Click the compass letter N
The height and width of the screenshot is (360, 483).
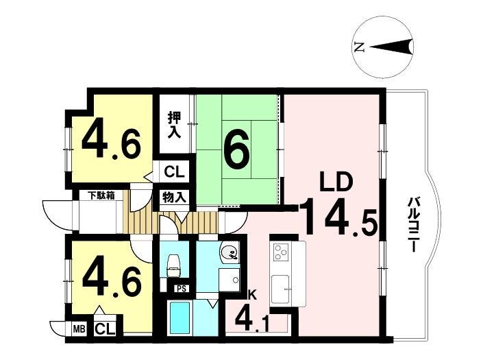(x=359, y=47)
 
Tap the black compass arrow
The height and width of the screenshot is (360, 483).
(x=391, y=47)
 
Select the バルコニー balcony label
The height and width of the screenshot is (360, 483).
(x=413, y=225)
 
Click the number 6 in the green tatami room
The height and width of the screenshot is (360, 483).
(x=236, y=150)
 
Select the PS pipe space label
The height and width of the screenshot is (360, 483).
(x=181, y=289)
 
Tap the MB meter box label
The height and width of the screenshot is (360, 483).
(x=79, y=329)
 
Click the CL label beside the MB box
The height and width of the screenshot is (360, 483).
(x=105, y=329)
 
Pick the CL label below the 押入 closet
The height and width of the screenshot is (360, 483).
(x=174, y=171)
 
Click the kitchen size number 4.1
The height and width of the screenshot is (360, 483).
(x=252, y=320)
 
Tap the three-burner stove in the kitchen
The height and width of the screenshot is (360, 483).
(x=282, y=252)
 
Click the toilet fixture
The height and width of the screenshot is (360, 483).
(x=173, y=266)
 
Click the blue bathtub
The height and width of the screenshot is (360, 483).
(x=180, y=319)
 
